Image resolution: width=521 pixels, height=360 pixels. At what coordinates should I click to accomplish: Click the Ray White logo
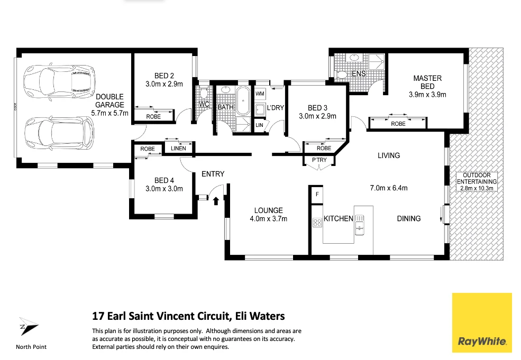(x=482, y=322)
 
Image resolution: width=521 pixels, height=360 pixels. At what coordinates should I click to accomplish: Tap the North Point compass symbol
(x=29, y=328)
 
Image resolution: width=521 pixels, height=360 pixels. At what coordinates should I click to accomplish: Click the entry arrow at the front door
(x=216, y=200)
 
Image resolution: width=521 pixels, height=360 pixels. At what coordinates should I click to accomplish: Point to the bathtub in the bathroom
(x=244, y=101)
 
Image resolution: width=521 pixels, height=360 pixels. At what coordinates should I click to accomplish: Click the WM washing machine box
(x=260, y=94)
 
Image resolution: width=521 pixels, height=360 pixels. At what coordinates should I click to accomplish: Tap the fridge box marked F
(x=316, y=195)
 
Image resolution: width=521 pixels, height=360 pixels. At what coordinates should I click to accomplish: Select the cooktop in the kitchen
(x=317, y=223)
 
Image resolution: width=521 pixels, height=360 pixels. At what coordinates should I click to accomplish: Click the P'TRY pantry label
(x=319, y=160)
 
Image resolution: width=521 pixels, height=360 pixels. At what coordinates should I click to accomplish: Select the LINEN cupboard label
(x=179, y=149)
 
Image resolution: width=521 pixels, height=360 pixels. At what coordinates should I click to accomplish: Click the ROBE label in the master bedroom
(x=398, y=124)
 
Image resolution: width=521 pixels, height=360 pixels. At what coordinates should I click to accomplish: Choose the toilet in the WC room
(x=203, y=95)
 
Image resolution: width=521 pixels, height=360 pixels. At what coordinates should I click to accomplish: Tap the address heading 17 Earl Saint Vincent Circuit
(x=188, y=316)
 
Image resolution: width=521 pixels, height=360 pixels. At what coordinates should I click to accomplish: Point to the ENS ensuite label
(x=359, y=73)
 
